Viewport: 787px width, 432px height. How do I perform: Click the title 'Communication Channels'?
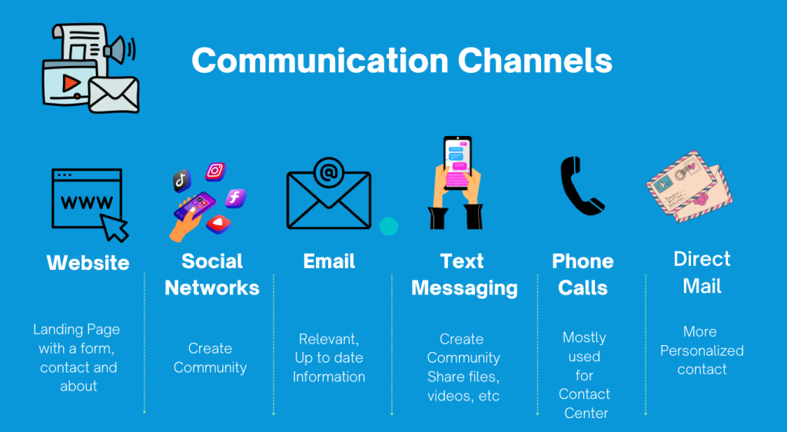coord(401,61)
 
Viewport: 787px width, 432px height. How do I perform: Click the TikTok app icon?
coord(181,181)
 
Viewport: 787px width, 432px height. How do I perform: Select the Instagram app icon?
coord(215,171)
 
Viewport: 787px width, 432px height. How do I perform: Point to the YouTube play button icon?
coord(218,224)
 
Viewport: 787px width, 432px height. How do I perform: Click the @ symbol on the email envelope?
coord(328,173)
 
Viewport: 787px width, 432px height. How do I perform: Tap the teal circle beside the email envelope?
coord(388,226)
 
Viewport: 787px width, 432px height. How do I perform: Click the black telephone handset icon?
coord(581,186)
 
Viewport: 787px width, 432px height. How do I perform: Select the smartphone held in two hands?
coord(457,162)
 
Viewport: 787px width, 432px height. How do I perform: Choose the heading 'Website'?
coord(88,263)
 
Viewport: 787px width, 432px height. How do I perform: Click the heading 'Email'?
coord(329,261)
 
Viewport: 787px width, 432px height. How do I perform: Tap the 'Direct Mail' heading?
coord(702,272)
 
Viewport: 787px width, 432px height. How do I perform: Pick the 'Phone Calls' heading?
coord(583,274)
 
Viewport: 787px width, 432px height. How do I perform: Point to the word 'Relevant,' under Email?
coord(329,339)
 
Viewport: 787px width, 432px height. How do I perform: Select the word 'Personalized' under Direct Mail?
coord(702,351)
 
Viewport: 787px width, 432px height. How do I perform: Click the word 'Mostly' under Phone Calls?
coord(584,337)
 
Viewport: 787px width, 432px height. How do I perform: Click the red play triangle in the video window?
coord(71,83)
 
